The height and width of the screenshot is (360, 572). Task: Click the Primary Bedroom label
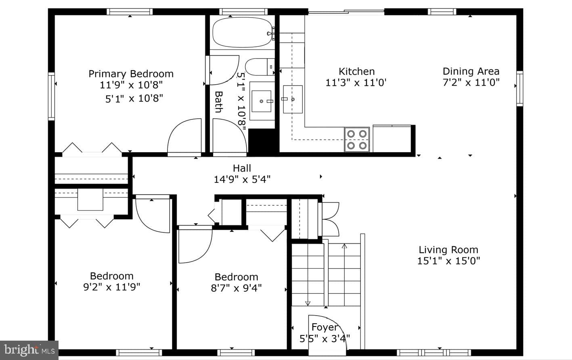coord(131,74)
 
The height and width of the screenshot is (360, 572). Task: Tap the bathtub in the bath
coord(242,32)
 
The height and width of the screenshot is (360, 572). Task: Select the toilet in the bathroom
coord(260,67)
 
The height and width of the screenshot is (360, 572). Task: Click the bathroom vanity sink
coord(261,101)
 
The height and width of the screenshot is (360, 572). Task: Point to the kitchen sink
coord(293,99)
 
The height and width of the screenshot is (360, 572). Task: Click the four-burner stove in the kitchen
coord(357,139)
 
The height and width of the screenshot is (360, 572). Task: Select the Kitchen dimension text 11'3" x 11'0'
coord(356,83)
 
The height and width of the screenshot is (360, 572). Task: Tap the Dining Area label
coord(471,71)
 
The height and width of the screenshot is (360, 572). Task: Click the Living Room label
coord(448,249)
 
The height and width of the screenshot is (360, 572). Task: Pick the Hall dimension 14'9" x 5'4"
coord(242,180)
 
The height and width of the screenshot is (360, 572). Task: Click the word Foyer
coord(325,327)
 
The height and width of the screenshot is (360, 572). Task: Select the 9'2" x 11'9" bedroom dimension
coord(111,287)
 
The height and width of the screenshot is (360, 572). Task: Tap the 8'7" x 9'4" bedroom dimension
coord(236,288)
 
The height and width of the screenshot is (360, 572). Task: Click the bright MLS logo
coord(29,350)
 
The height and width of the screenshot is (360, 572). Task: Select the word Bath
coord(218,102)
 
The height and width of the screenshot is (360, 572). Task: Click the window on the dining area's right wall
coord(520,88)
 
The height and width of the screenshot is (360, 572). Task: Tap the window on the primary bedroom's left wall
coord(52,96)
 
